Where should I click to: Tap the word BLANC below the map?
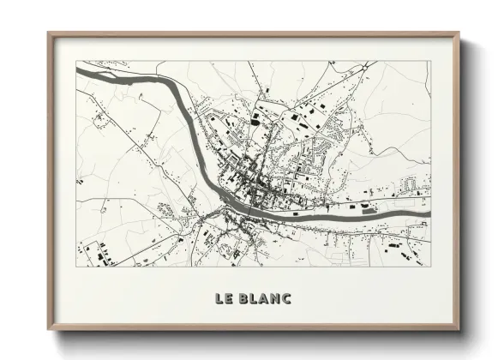[x=265, y=298]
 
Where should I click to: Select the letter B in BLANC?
[x=243, y=298]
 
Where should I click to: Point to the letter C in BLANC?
[x=287, y=298]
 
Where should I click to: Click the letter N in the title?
[x=275, y=298]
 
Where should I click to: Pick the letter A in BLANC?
[x=264, y=298]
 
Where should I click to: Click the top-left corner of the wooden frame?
[x=49, y=33]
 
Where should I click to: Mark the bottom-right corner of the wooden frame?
[x=459, y=329]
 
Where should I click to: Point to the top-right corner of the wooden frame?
[x=459, y=33]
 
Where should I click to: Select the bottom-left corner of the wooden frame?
[x=49, y=329]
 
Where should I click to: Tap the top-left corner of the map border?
[x=76, y=61]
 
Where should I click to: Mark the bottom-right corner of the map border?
[x=431, y=266]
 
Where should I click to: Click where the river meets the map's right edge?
[x=430, y=202]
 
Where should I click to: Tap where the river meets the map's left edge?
[x=77, y=72]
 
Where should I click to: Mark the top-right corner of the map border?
[x=431, y=61]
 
